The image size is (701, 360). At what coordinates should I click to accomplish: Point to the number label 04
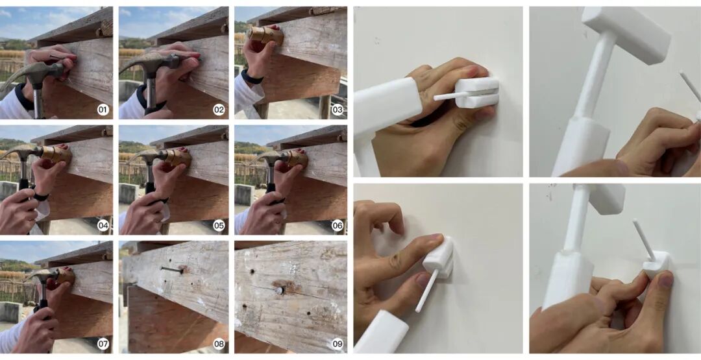103,226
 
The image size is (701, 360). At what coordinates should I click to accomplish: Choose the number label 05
219,226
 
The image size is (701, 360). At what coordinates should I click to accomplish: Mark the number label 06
337,226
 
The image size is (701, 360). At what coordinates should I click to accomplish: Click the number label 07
103,344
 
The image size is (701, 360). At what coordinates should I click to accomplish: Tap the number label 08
219,344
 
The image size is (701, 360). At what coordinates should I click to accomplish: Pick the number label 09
337,344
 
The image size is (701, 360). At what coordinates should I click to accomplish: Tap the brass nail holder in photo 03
265,35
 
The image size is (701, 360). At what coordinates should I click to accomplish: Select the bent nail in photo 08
173,269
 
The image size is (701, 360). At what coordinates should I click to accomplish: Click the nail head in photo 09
279,291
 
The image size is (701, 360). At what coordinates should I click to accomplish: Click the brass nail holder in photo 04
56,154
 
